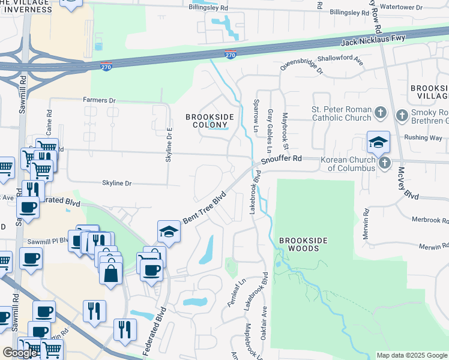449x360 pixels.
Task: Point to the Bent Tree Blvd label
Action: (204, 208)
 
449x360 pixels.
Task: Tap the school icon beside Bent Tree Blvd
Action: (169, 232)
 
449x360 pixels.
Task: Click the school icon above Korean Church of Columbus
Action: (378, 142)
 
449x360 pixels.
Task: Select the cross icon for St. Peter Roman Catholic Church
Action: (380, 113)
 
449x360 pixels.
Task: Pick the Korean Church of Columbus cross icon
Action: (384, 163)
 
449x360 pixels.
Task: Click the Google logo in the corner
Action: (20, 353)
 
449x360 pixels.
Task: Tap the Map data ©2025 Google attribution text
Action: (411, 355)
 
